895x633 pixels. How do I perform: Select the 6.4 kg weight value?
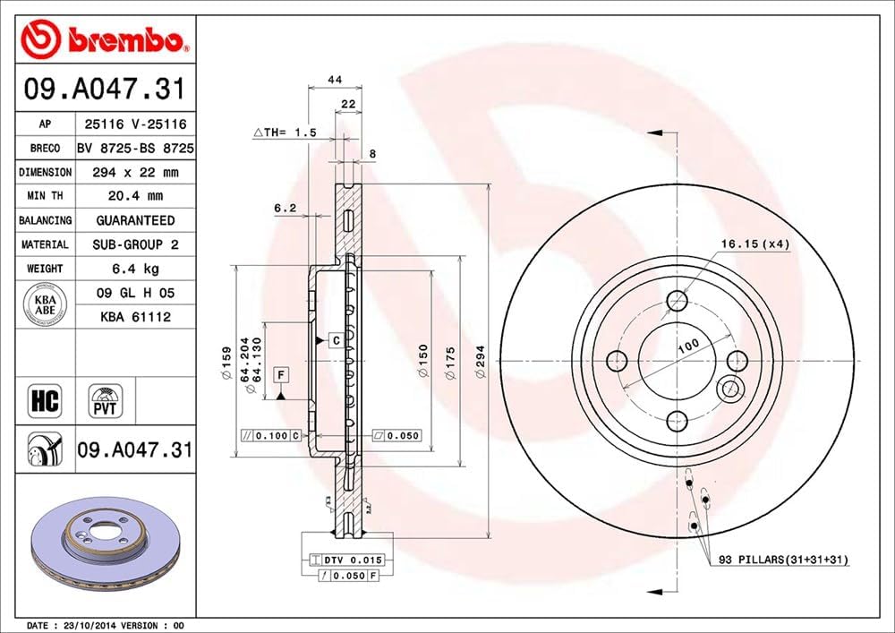134,268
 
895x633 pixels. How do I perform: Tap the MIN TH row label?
45,195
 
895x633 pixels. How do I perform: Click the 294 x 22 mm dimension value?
134,172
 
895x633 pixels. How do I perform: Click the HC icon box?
44,400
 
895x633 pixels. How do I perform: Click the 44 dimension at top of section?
335,80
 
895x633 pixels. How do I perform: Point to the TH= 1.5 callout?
286,133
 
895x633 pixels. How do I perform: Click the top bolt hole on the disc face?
677,299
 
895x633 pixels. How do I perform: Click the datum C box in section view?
335,340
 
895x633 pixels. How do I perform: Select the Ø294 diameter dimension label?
482,368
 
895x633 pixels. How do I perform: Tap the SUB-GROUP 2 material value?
134,244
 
